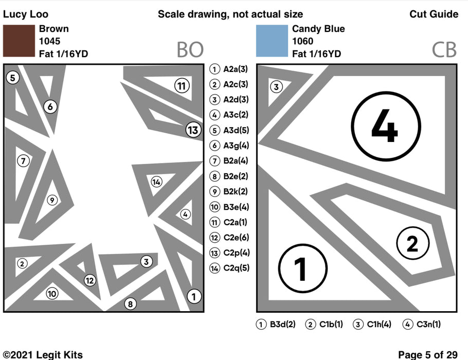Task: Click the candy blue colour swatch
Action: [272, 41]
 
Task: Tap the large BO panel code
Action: [190, 50]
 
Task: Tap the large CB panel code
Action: [443, 50]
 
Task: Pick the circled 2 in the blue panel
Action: [412, 243]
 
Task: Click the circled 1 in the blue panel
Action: [302, 267]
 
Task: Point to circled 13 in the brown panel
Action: [193, 130]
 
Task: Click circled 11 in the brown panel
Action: [181, 86]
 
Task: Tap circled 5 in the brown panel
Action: [13, 78]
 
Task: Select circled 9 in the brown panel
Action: [51, 200]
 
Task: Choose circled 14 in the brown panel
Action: [156, 182]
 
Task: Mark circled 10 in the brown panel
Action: [52, 294]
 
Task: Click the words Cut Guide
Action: [434, 14]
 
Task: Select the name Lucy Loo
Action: [26, 14]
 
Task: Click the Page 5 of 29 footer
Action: [428, 354]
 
